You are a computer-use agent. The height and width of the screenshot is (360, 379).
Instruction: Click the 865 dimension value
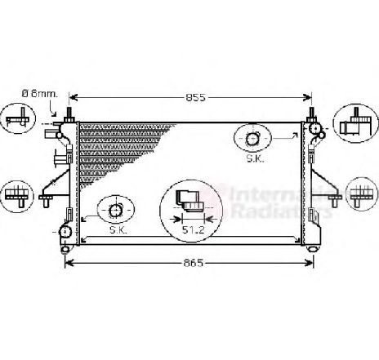192,264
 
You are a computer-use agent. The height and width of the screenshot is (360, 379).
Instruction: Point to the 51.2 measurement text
193,231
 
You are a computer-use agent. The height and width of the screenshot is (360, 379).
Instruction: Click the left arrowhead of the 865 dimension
68,264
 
